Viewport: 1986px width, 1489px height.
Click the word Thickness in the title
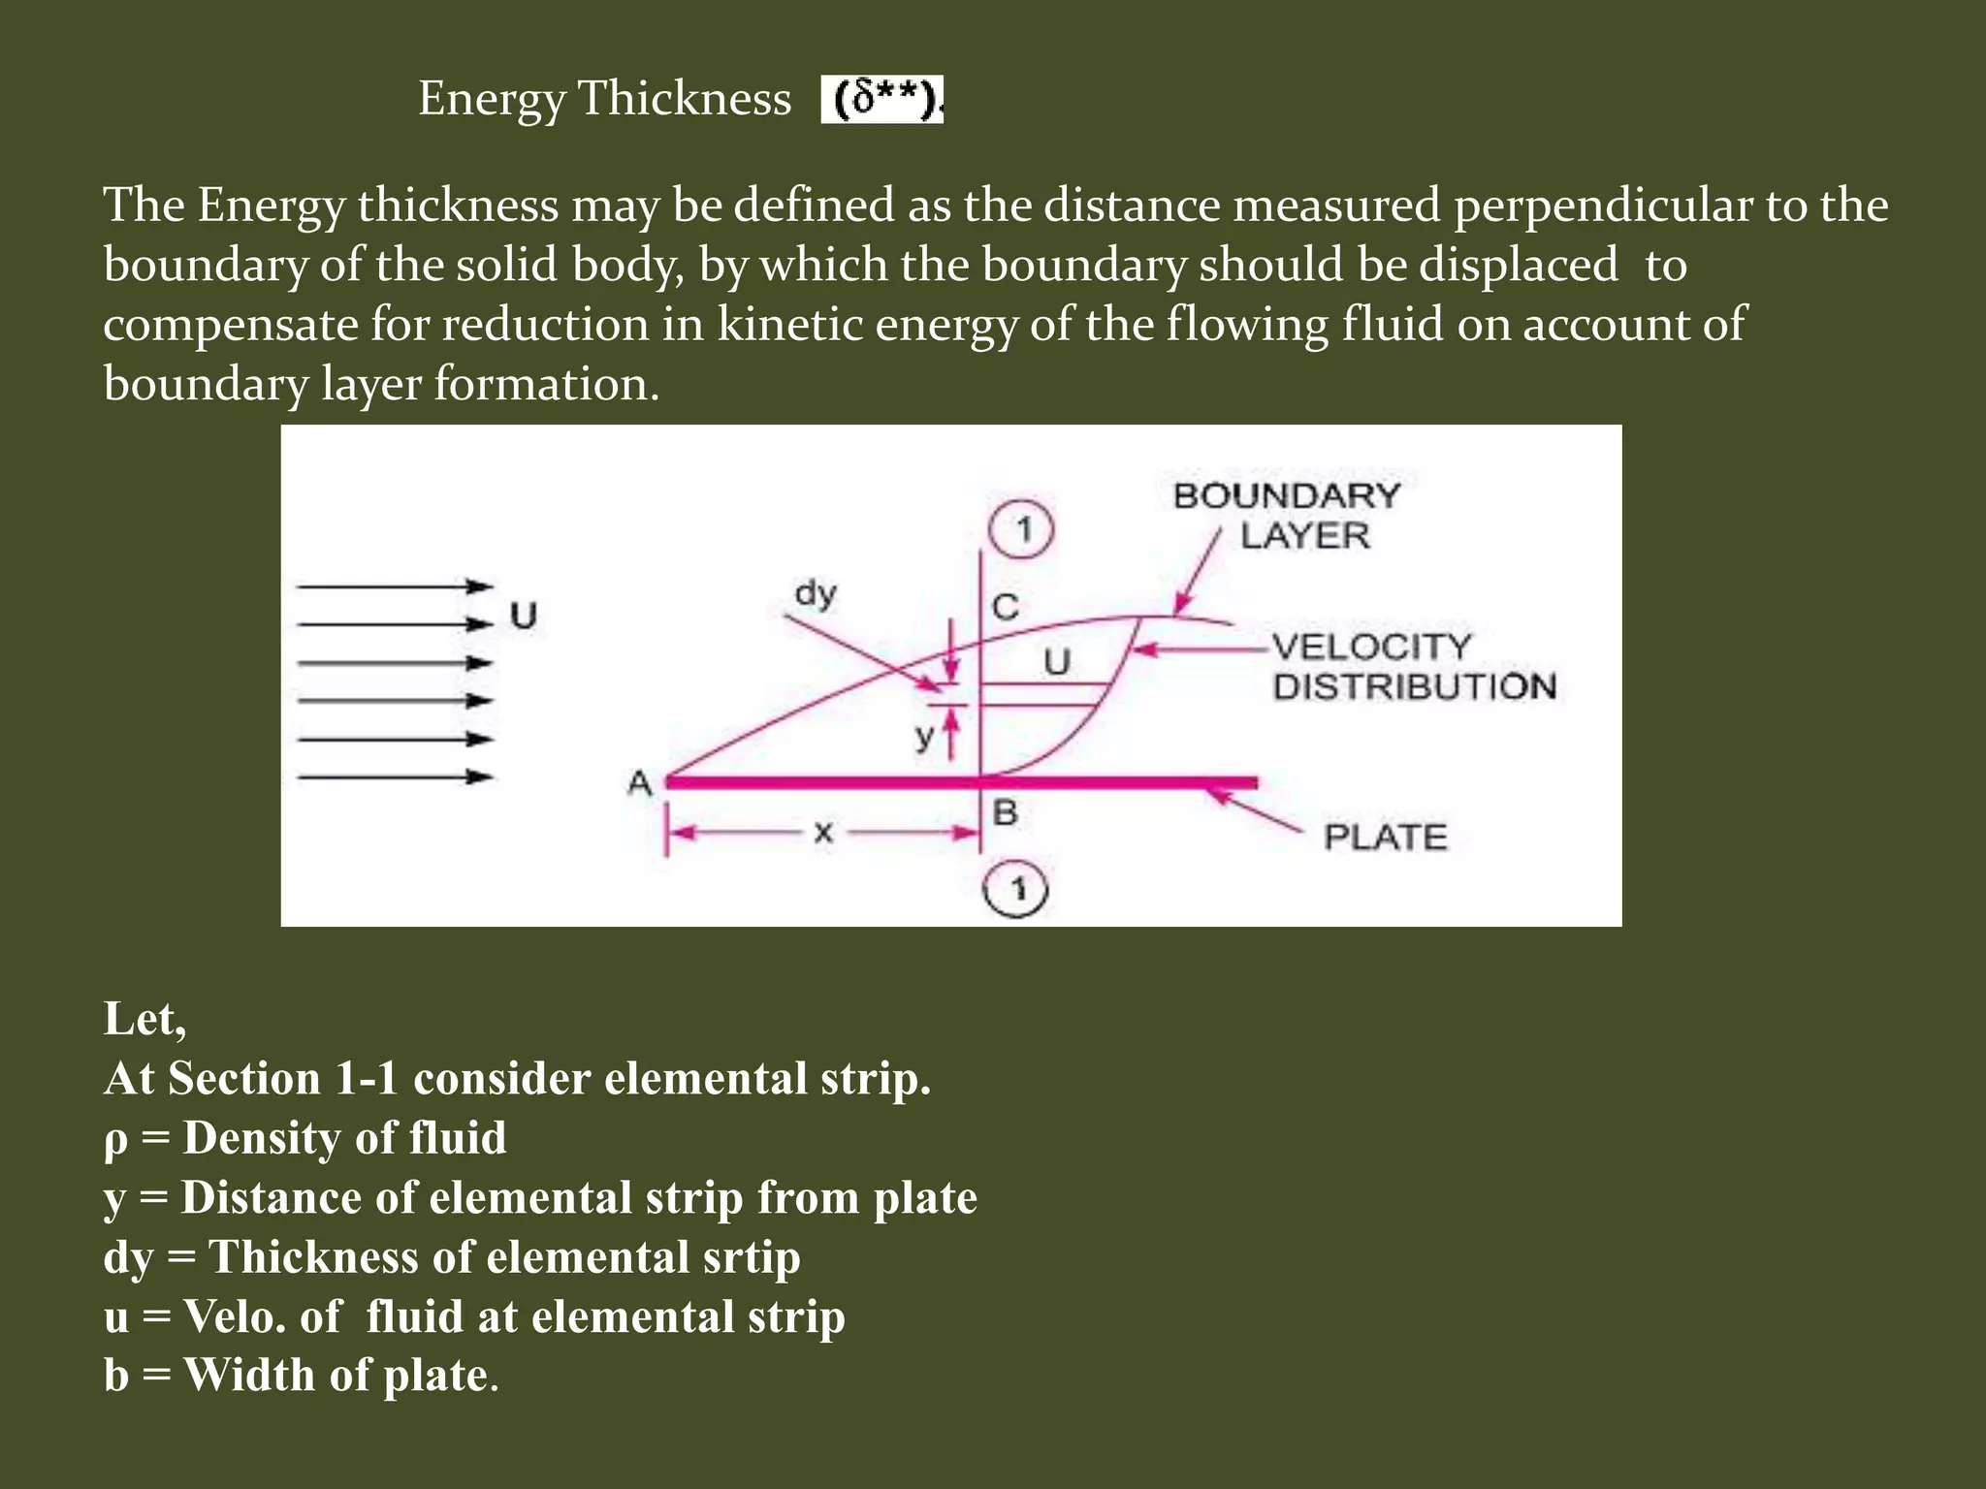click(x=685, y=99)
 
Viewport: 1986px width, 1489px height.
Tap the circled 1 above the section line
click(x=1021, y=530)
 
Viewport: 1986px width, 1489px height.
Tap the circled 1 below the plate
click(x=1016, y=889)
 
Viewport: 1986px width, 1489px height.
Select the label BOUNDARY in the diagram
click(x=1286, y=496)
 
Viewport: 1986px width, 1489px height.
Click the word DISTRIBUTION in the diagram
click(x=1414, y=686)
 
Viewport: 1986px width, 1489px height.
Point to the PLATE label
click(x=1385, y=837)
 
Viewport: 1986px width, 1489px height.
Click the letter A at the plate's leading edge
click(x=639, y=782)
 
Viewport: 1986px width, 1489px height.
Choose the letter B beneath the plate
click(x=1005, y=812)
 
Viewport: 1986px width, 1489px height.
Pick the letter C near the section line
click(x=1006, y=608)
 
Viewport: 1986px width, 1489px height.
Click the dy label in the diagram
click(x=815, y=592)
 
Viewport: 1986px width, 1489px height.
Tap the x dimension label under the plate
click(x=822, y=832)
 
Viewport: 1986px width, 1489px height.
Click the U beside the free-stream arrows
click(x=524, y=616)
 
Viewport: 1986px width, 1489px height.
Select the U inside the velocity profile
click(x=1056, y=662)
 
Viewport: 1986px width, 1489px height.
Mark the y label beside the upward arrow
click(x=924, y=738)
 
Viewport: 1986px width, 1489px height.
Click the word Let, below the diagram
click(x=144, y=1019)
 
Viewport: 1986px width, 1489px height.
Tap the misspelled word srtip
click(x=750, y=1257)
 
